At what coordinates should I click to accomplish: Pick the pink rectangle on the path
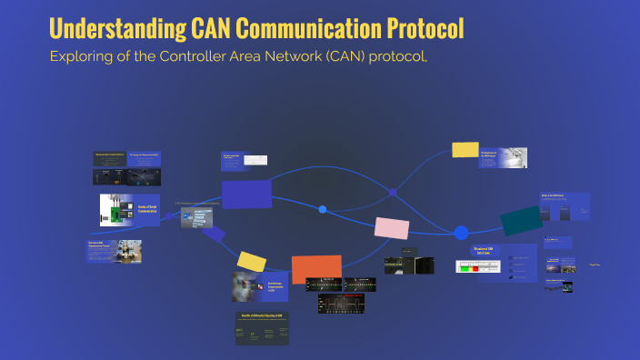coord(392,228)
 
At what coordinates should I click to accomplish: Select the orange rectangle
coord(315,269)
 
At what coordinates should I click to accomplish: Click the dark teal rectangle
coord(521,221)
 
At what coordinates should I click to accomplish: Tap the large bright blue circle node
coord(461,233)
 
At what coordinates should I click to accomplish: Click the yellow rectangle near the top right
coord(465,150)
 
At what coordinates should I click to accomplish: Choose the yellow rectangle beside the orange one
coord(250,261)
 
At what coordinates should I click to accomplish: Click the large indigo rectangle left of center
coord(246,194)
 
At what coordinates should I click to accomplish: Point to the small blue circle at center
coord(323,210)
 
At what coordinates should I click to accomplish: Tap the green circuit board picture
coord(116,211)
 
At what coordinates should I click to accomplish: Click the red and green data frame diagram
coord(478,266)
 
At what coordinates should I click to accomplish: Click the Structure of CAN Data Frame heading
coord(484,250)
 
